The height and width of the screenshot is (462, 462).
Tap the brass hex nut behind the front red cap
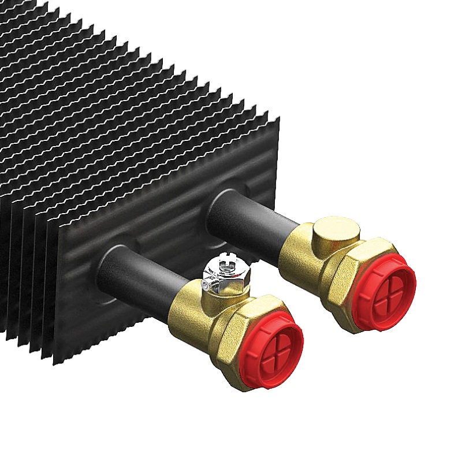coord(239,335)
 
